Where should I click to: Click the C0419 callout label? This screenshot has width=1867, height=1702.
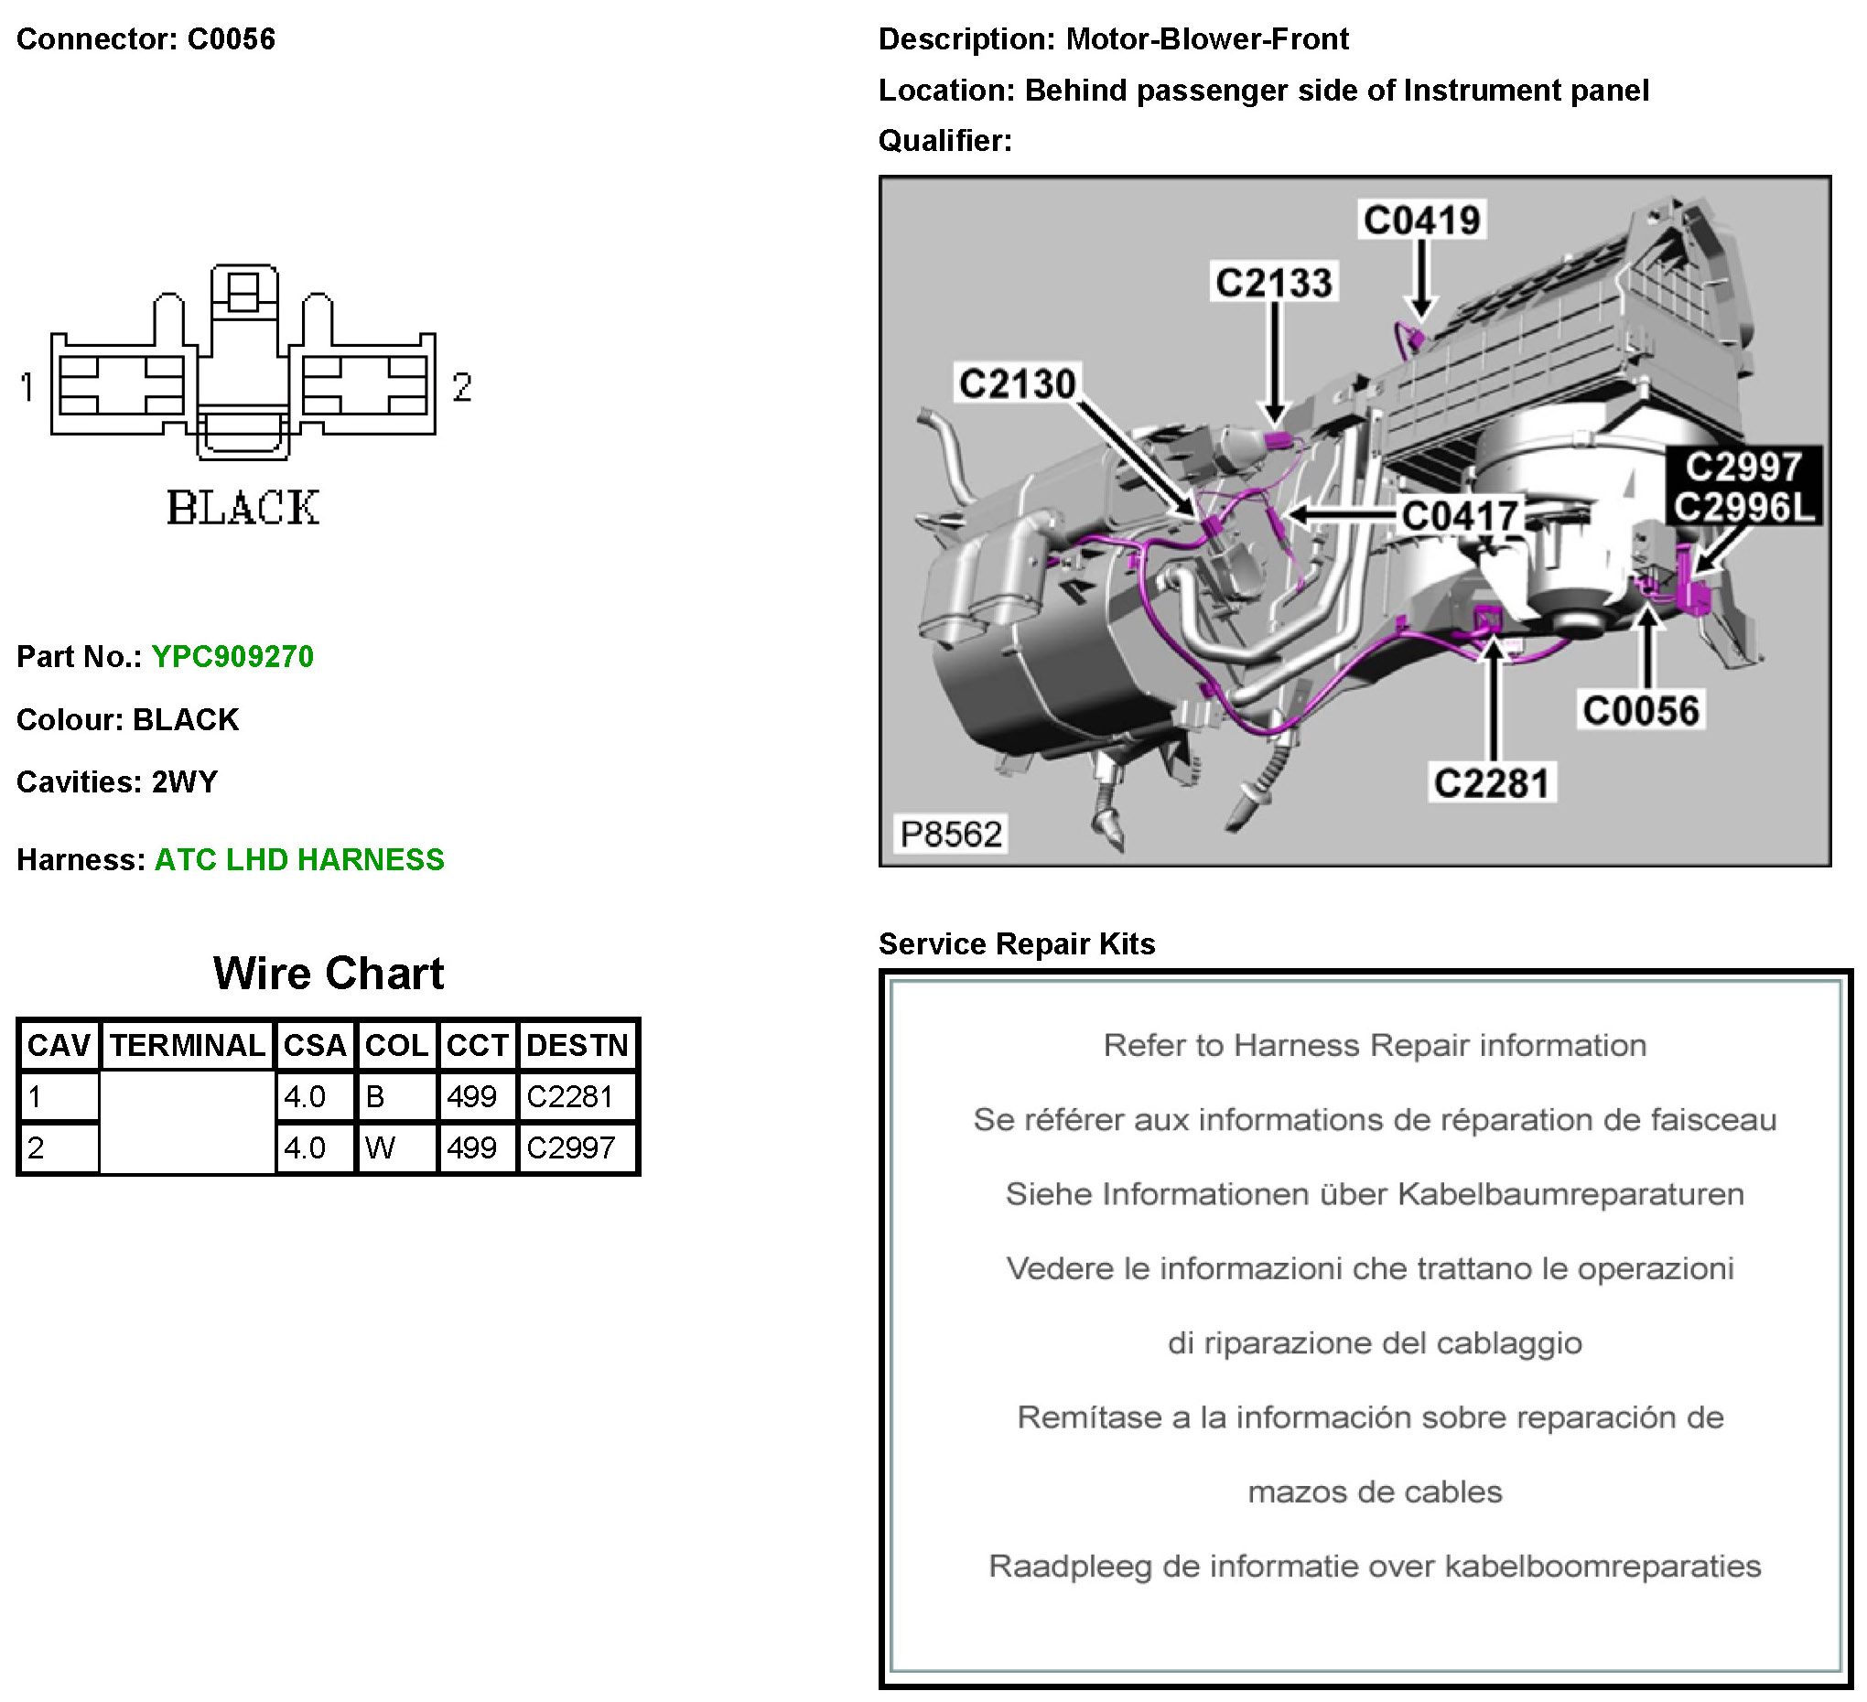(x=1422, y=221)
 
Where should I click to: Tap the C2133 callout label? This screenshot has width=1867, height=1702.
(x=1274, y=283)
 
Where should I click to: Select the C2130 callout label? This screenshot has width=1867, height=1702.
(x=1017, y=383)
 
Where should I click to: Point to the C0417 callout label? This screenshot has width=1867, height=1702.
(x=1461, y=516)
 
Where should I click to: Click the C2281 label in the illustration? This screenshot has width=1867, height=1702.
(x=1491, y=782)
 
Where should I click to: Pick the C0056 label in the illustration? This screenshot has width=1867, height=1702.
(x=1641, y=710)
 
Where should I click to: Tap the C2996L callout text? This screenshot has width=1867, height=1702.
(x=1744, y=507)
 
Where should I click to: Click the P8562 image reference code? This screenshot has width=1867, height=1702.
(x=951, y=835)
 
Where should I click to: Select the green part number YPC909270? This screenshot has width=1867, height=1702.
(x=232, y=656)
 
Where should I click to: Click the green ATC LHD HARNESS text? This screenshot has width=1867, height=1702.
(x=299, y=859)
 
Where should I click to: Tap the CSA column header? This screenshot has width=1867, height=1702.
(x=315, y=1046)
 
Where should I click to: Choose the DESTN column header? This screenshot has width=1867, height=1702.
(x=577, y=1046)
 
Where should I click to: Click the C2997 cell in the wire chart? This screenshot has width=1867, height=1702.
(x=570, y=1148)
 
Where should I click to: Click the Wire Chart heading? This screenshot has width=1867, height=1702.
(x=329, y=974)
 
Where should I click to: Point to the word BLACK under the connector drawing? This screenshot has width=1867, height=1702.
(x=243, y=508)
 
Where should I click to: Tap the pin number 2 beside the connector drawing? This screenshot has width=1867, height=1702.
(x=462, y=386)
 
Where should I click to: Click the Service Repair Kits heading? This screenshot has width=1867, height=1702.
(x=1017, y=943)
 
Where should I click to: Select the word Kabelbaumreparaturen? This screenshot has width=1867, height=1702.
(x=1570, y=1194)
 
